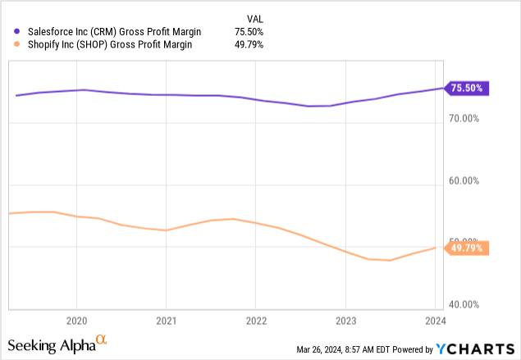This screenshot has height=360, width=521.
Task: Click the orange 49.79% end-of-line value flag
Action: pos(468,248)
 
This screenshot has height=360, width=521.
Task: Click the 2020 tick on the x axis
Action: pos(76,320)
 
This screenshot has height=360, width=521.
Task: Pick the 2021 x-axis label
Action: pos(166,320)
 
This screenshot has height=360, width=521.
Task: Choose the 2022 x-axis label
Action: pos(256,320)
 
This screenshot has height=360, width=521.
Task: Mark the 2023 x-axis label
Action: pos(345,320)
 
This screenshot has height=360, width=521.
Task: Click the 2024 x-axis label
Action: pos(436,320)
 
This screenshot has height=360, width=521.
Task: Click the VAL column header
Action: pos(254,19)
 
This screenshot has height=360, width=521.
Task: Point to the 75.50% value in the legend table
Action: pos(248,32)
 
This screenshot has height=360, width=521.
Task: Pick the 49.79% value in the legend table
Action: pos(248,45)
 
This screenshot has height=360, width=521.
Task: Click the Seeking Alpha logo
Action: pos(57,344)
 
